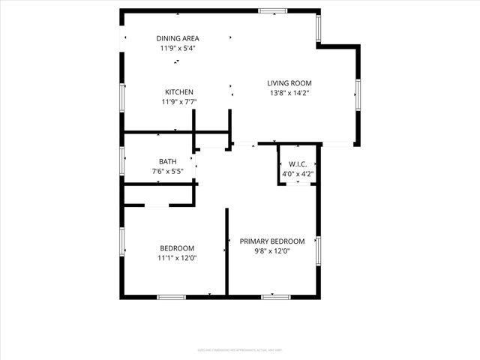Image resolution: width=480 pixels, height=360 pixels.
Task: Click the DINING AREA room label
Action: coord(177,38)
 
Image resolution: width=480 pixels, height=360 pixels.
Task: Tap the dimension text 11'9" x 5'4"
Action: coord(177,48)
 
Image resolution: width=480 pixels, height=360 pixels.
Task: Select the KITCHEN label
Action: coord(179,92)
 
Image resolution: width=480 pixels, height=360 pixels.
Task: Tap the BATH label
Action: coord(167,161)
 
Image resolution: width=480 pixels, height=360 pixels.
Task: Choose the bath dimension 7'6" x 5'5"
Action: coord(167,171)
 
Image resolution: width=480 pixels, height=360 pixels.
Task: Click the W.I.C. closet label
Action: coord(298,164)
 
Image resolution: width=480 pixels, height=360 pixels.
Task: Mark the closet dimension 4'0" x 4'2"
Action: coord(298,174)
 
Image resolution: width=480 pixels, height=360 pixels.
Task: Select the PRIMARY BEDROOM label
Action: coord(272,241)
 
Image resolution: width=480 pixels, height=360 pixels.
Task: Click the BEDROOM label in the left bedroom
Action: coord(177,248)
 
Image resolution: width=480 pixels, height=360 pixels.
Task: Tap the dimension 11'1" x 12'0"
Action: coord(177,258)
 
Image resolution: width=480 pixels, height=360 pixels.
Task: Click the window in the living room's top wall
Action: coord(272,10)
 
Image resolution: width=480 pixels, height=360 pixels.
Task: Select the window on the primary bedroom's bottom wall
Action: coord(275,297)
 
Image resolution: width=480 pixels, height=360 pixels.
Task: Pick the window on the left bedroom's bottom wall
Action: coord(171,297)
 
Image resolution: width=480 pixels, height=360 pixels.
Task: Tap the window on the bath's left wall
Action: coord(122,161)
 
